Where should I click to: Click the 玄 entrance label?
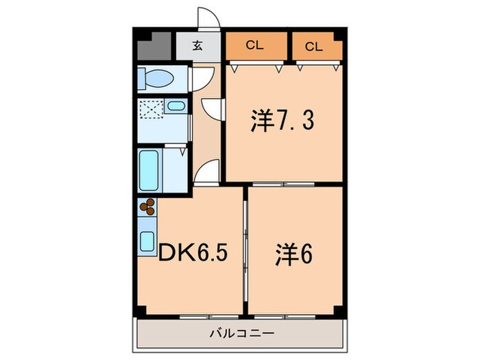pyautogui.click(x=197, y=47)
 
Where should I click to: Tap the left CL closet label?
pyautogui.click(x=254, y=46)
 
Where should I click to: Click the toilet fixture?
pyautogui.click(x=156, y=80)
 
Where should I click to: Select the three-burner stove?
pyautogui.click(x=147, y=206)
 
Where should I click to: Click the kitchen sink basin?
pyautogui.click(x=147, y=241)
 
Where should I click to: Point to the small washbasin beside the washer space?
pyautogui.click(x=176, y=107)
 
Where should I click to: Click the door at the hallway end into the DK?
pyautogui.click(x=208, y=172)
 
